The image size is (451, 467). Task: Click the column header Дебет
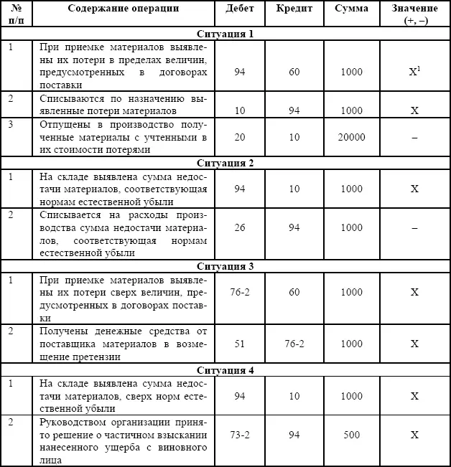239,9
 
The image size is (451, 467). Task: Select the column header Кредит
294,9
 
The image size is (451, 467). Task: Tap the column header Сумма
351,9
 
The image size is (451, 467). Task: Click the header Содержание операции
124,9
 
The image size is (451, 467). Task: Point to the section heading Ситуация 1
225,34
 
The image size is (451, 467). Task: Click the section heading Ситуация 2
225,163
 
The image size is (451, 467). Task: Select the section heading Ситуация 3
225,266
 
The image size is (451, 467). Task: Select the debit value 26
240,227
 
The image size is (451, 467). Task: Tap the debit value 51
240,344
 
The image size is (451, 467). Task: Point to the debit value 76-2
240,293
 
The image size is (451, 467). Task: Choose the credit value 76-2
294,344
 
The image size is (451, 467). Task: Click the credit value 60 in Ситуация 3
294,293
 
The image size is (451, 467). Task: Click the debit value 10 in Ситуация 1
240,111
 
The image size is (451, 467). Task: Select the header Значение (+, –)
415,15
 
